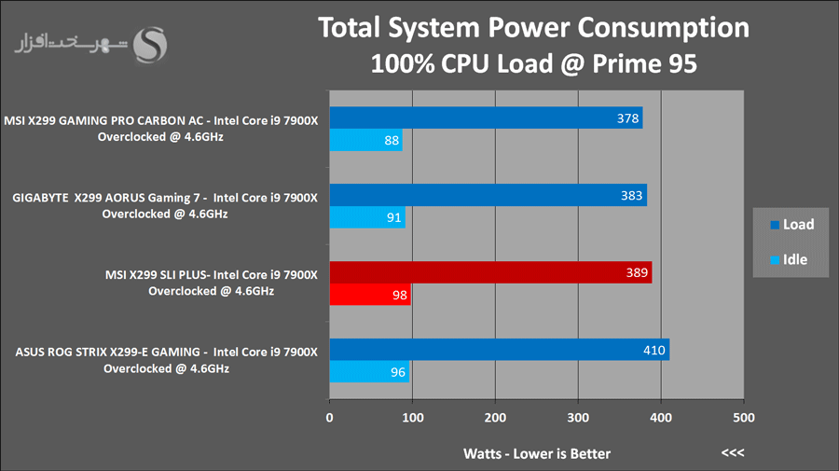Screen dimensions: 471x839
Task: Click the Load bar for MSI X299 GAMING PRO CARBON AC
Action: pyautogui.click(x=486, y=118)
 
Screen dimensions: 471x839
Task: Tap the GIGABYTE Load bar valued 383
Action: pyautogui.click(x=488, y=195)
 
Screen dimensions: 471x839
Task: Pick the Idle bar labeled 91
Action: pyautogui.click(x=367, y=218)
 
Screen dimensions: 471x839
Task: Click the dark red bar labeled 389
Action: pyautogui.click(x=490, y=272)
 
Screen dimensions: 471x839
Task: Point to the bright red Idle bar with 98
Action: pyautogui.click(x=370, y=296)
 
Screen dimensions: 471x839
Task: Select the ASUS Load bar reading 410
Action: pyautogui.click(x=499, y=350)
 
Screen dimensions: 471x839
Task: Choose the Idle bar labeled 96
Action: pyautogui.click(x=369, y=372)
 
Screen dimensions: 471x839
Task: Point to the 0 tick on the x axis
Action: pyautogui.click(x=329, y=417)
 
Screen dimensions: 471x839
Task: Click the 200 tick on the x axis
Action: pyautogui.click(x=495, y=417)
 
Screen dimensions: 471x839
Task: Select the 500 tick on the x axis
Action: pyautogui.click(x=743, y=417)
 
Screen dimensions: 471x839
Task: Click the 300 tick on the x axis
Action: pyautogui.click(x=578, y=417)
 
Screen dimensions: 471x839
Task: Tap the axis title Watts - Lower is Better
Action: pyautogui.click(x=537, y=453)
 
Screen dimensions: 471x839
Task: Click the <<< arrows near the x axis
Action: pyautogui.click(x=733, y=453)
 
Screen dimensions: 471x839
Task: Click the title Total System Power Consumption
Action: pyautogui.click(x=534, y=28)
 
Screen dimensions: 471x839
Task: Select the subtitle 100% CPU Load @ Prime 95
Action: pyautogui.click(x=534, y=64)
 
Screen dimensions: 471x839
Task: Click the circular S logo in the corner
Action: pyautogui.click(x=152, y=42)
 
